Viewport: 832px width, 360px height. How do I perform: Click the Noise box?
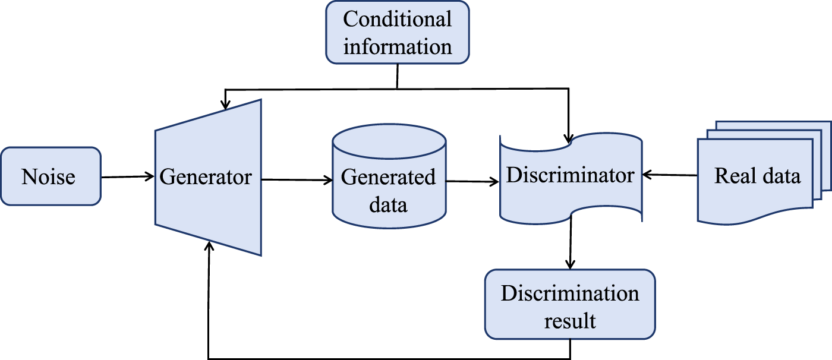pos(51,176)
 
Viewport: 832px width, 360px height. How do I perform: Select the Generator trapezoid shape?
pos(208,177)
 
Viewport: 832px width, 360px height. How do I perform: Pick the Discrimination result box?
pos(570,304)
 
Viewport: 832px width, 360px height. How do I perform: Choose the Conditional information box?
pos(397,32)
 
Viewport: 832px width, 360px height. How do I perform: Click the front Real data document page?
pos(755,178)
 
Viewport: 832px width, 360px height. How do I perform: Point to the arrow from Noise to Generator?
pos(128,176)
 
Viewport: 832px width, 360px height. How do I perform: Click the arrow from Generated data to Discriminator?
pos(472,182)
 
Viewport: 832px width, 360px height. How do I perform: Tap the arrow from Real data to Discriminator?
pos(670,175)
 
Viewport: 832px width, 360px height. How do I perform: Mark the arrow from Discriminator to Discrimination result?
pos(571,244)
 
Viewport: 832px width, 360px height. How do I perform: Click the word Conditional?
pos(397,19)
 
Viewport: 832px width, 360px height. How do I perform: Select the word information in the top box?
pos(397,46)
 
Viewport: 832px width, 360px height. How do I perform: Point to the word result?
pos(570,321)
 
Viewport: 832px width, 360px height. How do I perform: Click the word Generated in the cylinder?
pos(389,177)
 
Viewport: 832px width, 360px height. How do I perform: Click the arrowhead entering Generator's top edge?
pos(225,105)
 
